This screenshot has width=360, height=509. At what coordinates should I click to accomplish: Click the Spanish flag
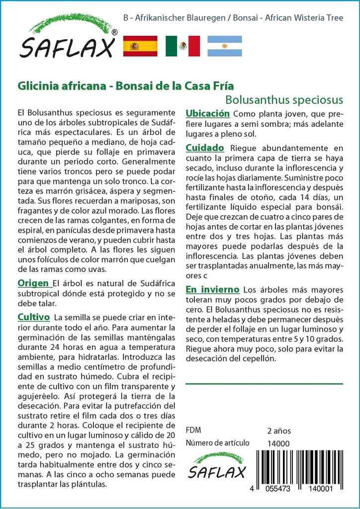(x=140, y=46)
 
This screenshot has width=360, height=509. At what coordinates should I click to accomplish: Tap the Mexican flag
(x=182, y=46)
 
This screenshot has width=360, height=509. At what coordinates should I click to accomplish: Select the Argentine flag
(x=224, y=46)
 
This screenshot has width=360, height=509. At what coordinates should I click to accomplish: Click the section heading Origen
(x=34, y=283)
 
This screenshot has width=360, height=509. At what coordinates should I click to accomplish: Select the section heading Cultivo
(x=33, y=317)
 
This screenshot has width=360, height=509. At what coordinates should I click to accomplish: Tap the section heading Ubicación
(x=207, y=113)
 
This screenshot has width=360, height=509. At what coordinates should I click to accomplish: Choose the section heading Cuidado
(x=205, y=148)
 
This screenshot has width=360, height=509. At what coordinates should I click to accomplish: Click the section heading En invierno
(x=212, y=289)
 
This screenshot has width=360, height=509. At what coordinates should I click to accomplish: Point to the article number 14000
(x=278, y=443)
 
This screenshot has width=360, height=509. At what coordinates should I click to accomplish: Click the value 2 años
(x=279, y=430)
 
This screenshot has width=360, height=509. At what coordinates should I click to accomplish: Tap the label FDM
(x=193, y=430)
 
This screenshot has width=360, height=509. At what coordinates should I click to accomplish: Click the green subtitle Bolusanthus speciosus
(x=284, y=99)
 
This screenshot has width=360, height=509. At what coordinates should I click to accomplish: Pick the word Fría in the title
(x=222, y=85)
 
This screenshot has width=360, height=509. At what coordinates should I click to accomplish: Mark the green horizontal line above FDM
(x=264, y=384)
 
